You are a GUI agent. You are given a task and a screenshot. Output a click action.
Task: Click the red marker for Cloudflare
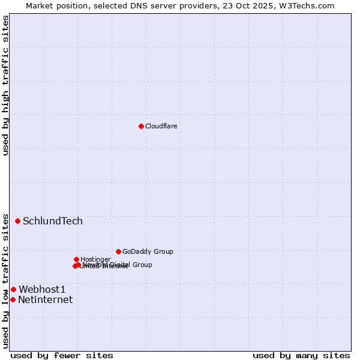(x=141, y=126)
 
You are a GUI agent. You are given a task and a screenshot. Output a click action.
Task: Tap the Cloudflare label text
(x=161, y=126)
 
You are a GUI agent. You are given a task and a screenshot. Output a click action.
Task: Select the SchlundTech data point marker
(x=18, y=221)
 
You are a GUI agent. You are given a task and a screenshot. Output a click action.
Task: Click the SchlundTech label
(x=53, y=221)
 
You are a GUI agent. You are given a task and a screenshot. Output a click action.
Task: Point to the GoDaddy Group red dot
(x=118, y=251)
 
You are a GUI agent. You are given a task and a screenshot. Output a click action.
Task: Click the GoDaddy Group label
(x=148, y=251)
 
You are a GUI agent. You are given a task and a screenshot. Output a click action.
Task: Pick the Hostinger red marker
(x=76, y=259)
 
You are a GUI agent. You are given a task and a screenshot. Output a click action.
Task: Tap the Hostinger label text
(x=95, y=259)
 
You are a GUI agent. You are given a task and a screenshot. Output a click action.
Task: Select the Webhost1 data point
(x=13, y=289)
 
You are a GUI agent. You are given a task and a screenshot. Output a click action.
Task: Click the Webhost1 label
(x=42, y=289)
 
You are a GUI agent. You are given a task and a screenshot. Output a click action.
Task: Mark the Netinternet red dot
(x=13, y=299)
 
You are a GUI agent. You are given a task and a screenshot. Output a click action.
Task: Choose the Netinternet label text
(x=45, y=299)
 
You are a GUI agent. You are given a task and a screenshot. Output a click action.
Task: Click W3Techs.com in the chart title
(x=307, y=5)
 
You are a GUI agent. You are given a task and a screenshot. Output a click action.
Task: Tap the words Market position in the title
(x=55, y=5)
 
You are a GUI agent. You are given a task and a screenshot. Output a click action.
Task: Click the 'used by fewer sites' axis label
(x=62, y=355)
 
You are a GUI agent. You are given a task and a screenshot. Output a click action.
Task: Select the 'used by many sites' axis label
(x=301, y=355)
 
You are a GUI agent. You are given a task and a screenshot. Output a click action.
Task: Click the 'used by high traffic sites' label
(x=5, y=85)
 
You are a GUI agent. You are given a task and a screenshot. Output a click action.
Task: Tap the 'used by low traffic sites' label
(x=5, y=281)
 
